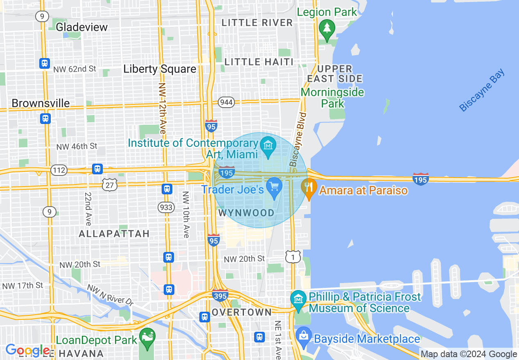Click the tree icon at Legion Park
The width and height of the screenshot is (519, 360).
(327, 28)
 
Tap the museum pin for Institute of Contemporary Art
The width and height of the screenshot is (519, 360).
(268, 145)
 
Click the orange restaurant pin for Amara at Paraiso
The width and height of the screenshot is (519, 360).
(309, 187)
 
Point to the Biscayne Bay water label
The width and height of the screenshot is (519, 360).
(482, 91)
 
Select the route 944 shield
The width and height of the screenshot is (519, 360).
(226, 102)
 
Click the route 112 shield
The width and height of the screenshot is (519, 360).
(59, 170)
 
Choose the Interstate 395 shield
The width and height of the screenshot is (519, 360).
(220, 295)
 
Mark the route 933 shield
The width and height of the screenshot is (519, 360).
(166, 207)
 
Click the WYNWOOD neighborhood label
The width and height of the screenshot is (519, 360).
(246, 213)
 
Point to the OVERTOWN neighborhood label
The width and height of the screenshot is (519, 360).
(241, 312)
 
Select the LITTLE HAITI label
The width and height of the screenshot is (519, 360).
(259, 62)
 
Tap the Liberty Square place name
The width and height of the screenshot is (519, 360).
(160, 69)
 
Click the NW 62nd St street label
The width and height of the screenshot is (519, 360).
(74, 69)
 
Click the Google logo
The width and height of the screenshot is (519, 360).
(27, 351)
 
